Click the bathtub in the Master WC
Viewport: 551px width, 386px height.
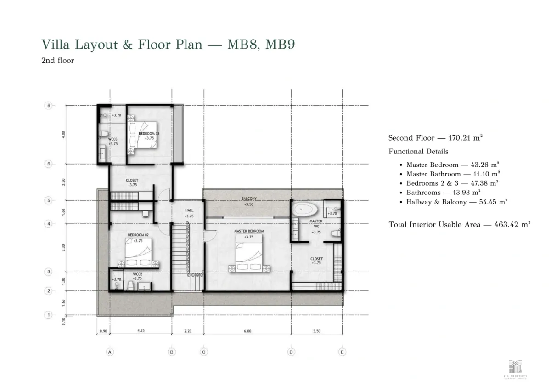(305, 210)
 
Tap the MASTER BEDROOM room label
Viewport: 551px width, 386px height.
(249, 231)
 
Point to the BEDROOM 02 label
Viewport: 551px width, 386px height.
(138, 235)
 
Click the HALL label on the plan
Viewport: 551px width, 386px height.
(189, 210)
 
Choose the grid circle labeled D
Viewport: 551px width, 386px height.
(291, 352)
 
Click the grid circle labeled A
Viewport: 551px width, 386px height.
(109, 352)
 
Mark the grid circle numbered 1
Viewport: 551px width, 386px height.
(48, 315)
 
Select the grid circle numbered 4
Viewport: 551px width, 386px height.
(48, 224)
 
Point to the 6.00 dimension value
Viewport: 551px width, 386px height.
(248, 331)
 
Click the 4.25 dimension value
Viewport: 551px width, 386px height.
(141, 331)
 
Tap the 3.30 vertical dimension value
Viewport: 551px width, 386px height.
(64, 247)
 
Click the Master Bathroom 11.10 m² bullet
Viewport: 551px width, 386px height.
(453, 174)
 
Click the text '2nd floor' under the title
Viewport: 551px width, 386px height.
(58, 60)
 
